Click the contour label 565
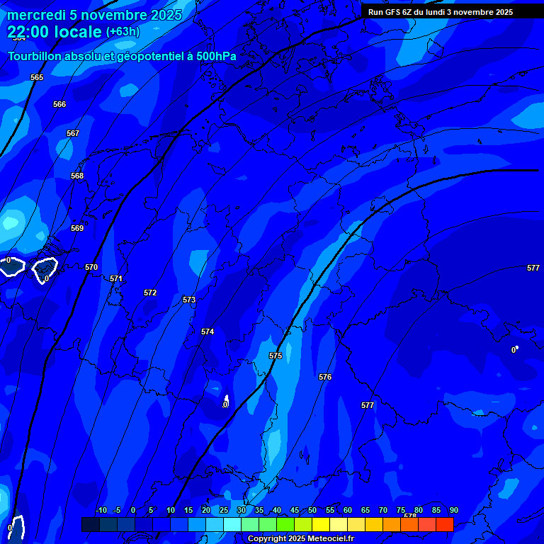pos(37,77)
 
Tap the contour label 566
pos(59,104)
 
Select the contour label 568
pos(77,176)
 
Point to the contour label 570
pos(91,267)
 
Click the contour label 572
pos(150,293)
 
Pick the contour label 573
pos(189,300)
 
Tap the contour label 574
pos(208,331)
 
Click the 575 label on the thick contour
pos(276,356)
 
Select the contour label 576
pos(325,377)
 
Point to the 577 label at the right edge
pos(533,268)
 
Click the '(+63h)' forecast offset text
pos(123,32)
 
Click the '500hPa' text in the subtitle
pos(217,56)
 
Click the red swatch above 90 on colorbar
pos(445,524)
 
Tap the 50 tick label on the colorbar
pos(312,510)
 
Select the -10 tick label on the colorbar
pos(101,510)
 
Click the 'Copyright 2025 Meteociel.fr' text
pos(300,539)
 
